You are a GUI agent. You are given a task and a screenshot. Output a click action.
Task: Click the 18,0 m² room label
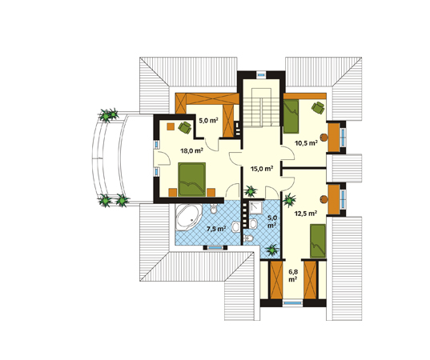[191, 150]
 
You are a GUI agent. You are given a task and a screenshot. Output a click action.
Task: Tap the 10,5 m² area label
[306, 142]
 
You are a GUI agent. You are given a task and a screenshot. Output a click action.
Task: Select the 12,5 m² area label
[306, 213]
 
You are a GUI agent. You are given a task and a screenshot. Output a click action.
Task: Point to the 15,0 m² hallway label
[262, 169]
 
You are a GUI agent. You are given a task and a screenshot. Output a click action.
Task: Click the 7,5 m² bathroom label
[216, 229]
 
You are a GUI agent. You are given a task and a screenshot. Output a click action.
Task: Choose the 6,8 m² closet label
[293, 276]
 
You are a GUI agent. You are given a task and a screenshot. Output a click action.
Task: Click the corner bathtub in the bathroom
[188, 217]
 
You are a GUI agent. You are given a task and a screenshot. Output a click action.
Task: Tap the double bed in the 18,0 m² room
[191, 179]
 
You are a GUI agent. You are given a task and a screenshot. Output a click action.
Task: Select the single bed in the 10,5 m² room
[291, 117]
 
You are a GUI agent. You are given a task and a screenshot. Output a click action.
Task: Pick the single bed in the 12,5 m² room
[318, 241]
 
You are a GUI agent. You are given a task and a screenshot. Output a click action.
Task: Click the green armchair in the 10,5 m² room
[318, 108]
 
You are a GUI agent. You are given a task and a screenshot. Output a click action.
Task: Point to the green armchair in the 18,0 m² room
[184, 127]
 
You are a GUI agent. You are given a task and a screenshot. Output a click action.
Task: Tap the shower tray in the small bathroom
[257, 207]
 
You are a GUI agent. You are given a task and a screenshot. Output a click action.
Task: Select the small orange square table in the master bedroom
[171, 126]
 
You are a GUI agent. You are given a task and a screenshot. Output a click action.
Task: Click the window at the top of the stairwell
[261, 74]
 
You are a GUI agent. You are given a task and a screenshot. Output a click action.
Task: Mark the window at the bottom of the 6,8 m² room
[292, 303]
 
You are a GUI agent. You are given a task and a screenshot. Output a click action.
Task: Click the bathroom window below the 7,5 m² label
[215, 248]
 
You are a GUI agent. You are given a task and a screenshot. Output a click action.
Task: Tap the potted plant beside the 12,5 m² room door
[289, 200]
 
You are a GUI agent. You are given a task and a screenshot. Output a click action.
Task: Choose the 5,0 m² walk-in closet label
[208, 120]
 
